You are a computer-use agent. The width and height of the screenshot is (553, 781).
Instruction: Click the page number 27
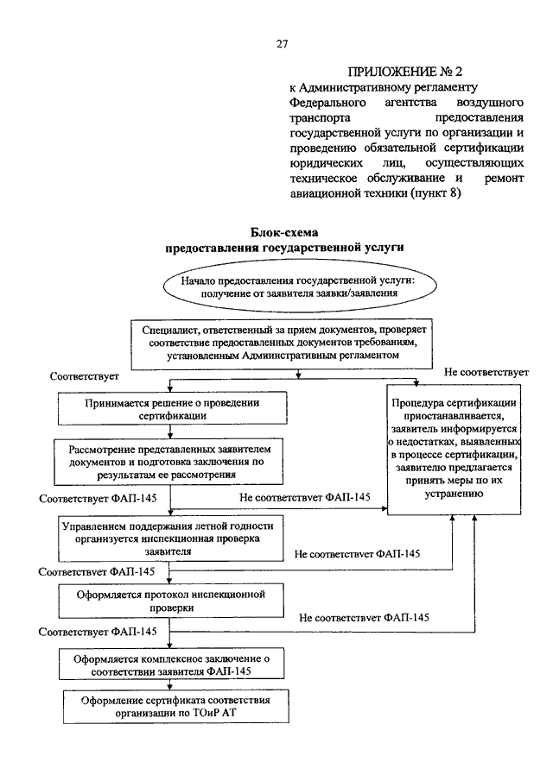[282, 44]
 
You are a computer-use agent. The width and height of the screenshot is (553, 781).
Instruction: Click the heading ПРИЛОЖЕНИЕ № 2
[405, 72]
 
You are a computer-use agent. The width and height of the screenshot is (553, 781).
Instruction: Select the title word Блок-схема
[284, 232]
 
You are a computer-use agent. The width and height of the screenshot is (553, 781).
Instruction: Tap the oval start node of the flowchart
[300, 287]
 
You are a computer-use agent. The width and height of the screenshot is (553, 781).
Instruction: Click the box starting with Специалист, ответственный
[282, 344]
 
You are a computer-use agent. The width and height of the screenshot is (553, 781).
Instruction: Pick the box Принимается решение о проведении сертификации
[173, 408]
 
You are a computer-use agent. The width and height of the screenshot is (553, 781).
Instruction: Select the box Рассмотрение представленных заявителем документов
[168, 462]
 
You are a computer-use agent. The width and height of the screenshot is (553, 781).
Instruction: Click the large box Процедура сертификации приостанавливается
[454, 450]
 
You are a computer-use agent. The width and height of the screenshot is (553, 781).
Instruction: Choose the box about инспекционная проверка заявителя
[171, 539]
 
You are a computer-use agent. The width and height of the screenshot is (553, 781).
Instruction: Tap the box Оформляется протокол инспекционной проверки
[172, 601]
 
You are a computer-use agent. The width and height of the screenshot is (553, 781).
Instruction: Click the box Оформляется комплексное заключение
[172, 664]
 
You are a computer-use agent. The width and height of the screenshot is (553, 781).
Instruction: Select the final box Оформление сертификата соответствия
[176, 706]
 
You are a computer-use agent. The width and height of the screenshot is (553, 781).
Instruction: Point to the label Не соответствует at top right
[486, 372]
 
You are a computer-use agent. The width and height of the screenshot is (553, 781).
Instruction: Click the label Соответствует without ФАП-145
[85, 376]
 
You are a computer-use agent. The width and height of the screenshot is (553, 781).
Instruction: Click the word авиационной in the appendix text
[321, 193]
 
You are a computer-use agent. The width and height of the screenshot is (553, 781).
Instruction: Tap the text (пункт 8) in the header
[435, 193]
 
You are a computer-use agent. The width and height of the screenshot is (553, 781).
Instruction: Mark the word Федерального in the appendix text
[327, 103]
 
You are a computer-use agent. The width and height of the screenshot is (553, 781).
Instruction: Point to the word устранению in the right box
[454, 494]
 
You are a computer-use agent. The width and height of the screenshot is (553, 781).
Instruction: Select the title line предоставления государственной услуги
[284, 248]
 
